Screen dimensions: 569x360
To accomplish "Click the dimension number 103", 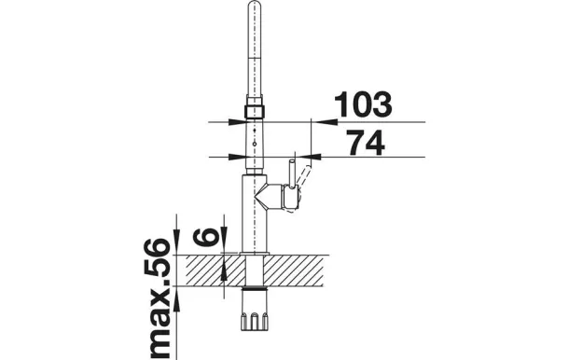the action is click(x=363, y=104).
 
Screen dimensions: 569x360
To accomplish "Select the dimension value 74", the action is click(x=365, y=143).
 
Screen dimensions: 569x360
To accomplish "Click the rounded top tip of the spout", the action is click(x=255, y=5).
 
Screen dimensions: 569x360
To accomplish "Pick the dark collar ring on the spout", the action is click(x=255, y=111).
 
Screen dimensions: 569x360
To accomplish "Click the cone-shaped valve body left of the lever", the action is click(x=269, y=197).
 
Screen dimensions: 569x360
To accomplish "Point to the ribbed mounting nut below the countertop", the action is click(x=255, y=312).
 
